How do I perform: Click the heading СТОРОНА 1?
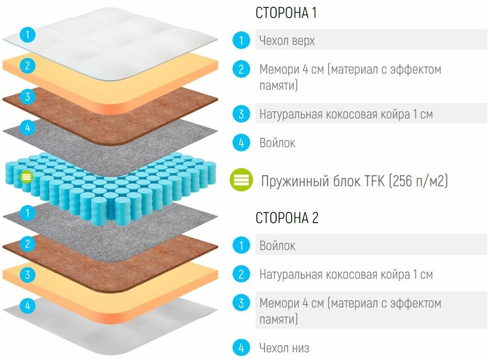click(286, 13)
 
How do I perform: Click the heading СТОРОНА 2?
click(287, 218)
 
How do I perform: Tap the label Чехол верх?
click(287, 41)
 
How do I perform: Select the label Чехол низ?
click(284, 347)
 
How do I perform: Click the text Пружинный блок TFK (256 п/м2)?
click(355, 181)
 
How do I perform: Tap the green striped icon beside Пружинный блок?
click(242, 180)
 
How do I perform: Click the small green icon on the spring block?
click(26, 177)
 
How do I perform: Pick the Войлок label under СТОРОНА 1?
click(278, 143)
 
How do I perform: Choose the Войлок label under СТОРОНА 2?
click(278, 246)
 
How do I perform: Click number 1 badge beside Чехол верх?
click(241, 41)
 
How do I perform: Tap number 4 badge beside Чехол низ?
click(241, 347)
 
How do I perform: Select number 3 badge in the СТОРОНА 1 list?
click(241, 114)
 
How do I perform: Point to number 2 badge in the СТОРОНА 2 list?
click(241, 274)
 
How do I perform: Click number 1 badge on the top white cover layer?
click(28, 35)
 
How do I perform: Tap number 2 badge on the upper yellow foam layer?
click(28, 66)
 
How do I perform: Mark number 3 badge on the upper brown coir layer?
click(28, 97)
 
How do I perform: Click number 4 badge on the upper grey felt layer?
click(28, 128)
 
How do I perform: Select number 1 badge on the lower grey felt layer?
click(28, 212)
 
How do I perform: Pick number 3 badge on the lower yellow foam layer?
click(28, 275)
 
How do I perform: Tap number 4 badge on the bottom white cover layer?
click(28, 306)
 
